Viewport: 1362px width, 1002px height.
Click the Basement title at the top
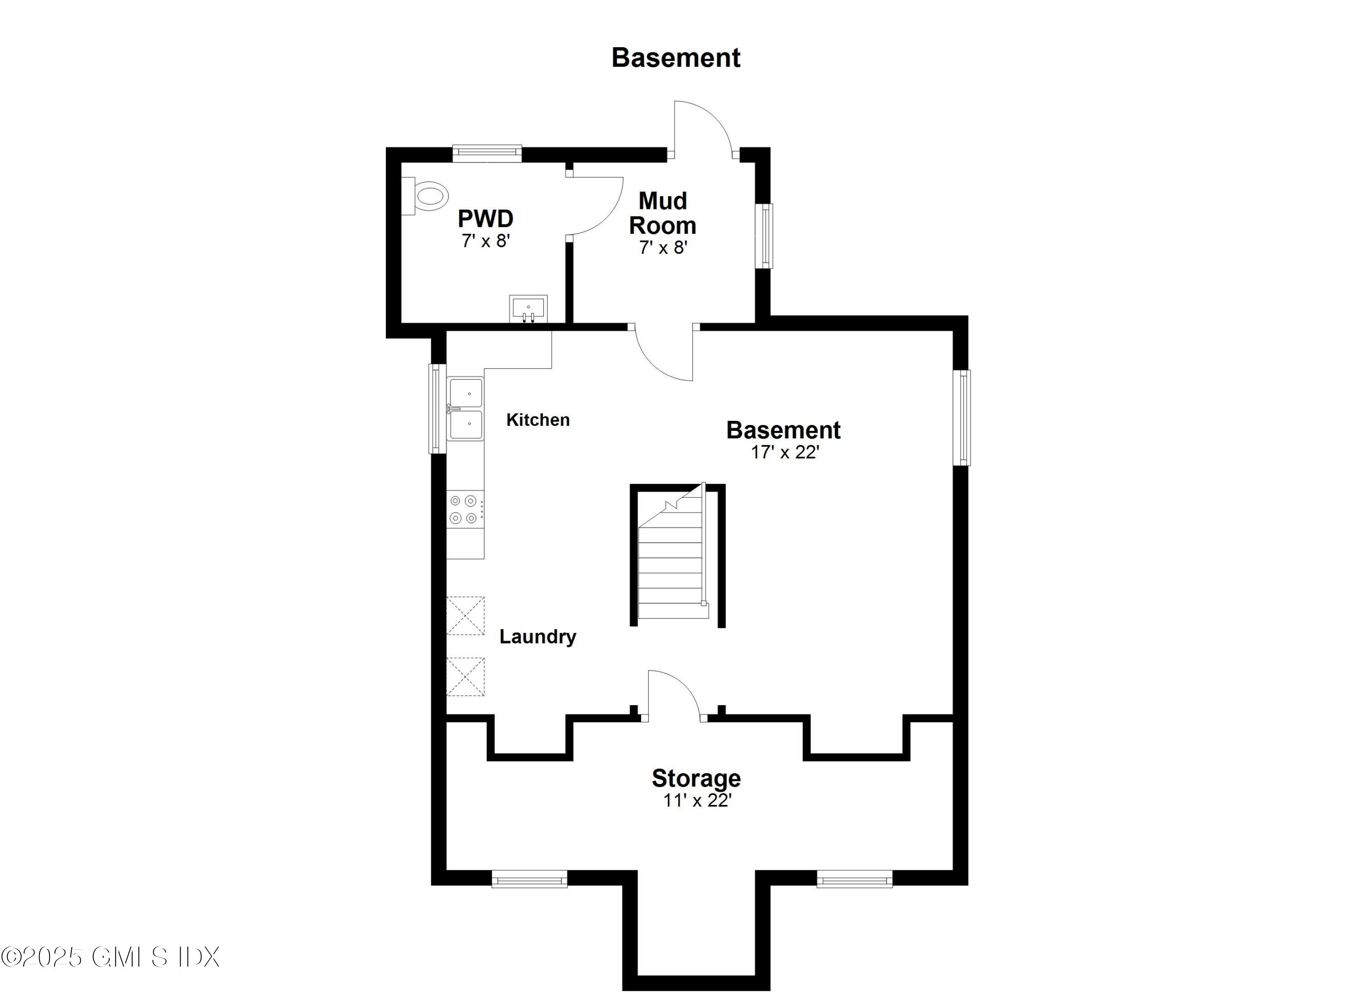click(676, 58)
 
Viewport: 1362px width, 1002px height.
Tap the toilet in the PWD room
click(429, 196)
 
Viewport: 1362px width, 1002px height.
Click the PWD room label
click(485, 218)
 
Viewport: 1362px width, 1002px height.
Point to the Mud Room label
click(662, 213)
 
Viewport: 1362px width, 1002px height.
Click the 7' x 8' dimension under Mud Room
click(663, 247)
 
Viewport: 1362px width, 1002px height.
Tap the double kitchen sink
click(465, 409)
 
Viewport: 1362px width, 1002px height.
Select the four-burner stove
click(464, 509)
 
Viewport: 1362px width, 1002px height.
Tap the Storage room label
click(696, 778)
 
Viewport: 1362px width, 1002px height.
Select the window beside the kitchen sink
click(437, 408)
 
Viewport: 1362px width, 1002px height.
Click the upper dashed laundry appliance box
click(465, 616)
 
